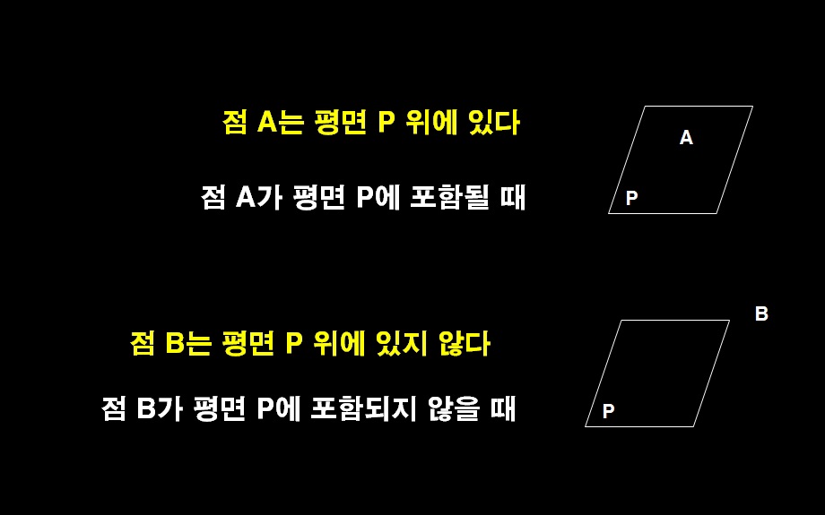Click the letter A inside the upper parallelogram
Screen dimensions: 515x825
click(686, 138)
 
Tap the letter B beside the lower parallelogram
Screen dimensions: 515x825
click(761, 314)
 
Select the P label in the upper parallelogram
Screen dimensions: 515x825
click(631, 199)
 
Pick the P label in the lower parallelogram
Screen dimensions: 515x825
click(608, 412)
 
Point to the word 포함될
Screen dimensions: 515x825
click(449, 197)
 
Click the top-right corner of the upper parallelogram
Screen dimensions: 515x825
click(752, 107)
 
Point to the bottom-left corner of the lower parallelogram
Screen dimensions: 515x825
click(586, 426)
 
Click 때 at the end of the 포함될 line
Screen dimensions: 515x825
click(513, 197)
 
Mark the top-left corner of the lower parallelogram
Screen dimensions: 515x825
click(621, 320)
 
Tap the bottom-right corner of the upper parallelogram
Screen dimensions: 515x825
click(716, 213)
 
